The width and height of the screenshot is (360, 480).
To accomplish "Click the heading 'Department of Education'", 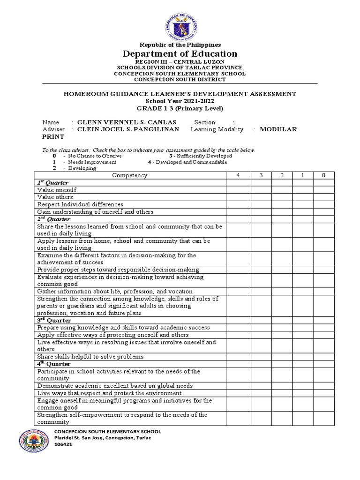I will [x=180, y=53].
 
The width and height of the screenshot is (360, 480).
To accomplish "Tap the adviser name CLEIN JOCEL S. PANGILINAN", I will [x=128, y=129].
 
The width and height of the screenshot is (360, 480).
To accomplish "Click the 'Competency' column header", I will [x=130, y=175].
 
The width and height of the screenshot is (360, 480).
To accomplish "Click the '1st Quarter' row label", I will [x=52, y=183].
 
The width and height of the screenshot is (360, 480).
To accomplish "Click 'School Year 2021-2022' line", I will [x=180, y=101].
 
